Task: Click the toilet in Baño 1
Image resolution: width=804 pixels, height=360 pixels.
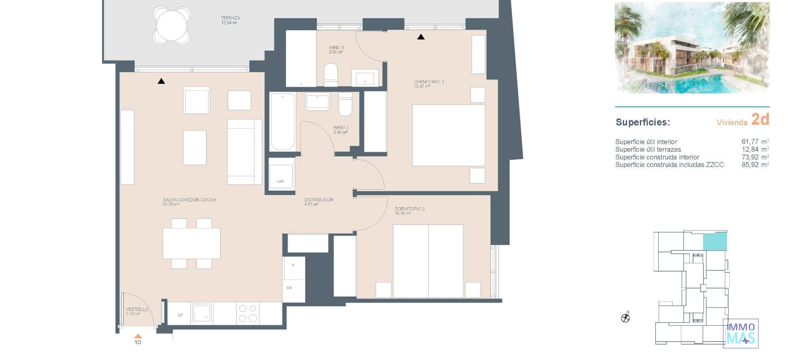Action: pos(331,75)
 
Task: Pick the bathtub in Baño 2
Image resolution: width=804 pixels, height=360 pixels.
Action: pos(282,121)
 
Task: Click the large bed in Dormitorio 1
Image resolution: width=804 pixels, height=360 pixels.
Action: pos(448,135)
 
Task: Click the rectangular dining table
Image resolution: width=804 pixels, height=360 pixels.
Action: pos(191,243)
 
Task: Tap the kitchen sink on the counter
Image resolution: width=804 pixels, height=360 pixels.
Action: pos(202,313)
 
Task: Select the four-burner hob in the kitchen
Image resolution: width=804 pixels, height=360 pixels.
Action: pos(247,314)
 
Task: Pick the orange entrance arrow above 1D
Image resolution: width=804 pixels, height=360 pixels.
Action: pos(138,336)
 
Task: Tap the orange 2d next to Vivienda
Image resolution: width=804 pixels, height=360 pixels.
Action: pos(760,119)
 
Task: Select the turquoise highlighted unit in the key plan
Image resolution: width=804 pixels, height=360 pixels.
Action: pos(714,242)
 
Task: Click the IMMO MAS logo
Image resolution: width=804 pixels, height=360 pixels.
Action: pos(740,334)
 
